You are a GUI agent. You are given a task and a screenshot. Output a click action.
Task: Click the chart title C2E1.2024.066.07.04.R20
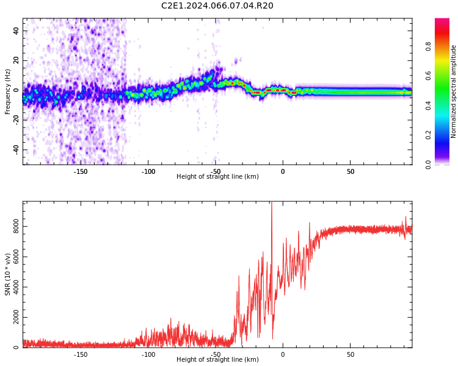[x=217, y=6]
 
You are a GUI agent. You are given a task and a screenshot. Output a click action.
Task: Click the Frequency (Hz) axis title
[x=8, y=91]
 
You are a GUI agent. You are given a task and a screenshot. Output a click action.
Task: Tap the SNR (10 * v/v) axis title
[x=8, y=274]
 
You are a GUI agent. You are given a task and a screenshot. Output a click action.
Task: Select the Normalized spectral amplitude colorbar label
[x=454, y=91]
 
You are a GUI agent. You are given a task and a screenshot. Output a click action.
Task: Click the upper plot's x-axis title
[x=217, y=177]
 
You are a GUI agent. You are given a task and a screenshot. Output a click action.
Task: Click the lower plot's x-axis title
[x=217, y=360]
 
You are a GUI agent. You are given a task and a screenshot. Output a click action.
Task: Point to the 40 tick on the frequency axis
[x=16, y=30]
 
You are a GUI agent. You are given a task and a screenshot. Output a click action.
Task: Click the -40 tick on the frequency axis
[x=15, y=149]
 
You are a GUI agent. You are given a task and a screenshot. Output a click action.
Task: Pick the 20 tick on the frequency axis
[x=16, y=60]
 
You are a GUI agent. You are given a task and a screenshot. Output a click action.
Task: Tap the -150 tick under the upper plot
[x=81, y=171]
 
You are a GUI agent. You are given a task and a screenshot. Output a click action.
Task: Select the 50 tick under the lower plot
[x=351, y=354]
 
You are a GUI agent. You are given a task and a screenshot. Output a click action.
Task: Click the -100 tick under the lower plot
[x=148, y=354]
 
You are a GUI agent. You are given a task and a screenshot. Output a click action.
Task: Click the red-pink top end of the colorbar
[x=442, y=21]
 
